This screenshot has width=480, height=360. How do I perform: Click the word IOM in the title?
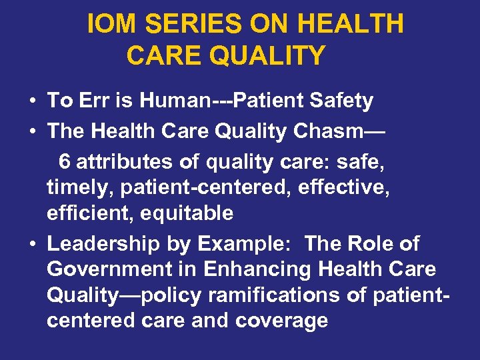pyautogui.click(x=112, y=25)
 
